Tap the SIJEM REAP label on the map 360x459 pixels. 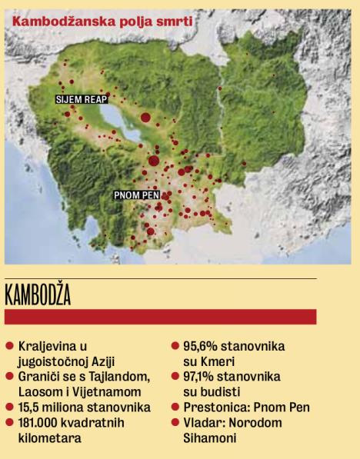[x=81, y=100]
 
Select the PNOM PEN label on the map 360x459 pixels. [x=136, y=195]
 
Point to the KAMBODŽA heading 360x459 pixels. [x=38, y=294]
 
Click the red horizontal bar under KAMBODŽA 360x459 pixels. [x=160, y=316]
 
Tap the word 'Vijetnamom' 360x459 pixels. [x=98, y=391]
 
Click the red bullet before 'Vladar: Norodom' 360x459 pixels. [x=176, y=422]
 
